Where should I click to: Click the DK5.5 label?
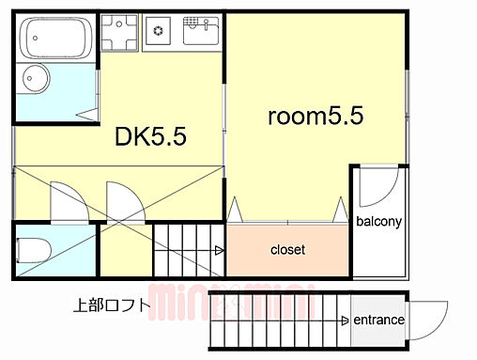pos(151,137)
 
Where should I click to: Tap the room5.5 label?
pos(315,117)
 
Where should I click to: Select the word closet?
pos(287,250)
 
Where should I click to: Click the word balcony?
pos(378,223)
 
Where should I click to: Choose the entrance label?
pos(379,321)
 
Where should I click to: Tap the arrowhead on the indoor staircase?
pos(219,250)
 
